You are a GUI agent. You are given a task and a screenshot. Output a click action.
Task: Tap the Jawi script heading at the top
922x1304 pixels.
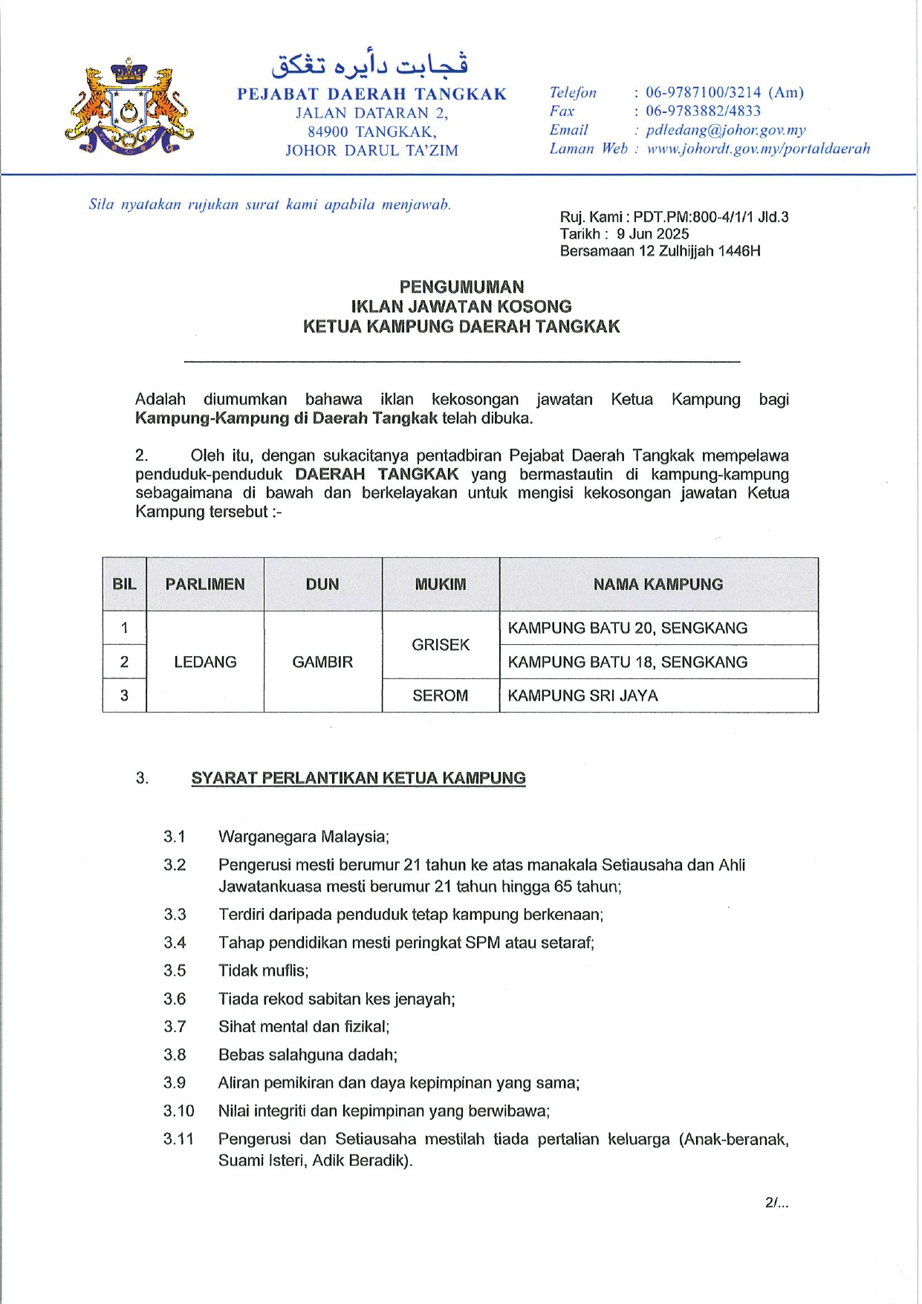click(369, 65)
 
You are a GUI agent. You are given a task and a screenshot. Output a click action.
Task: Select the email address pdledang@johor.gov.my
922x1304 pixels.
click(725, 130)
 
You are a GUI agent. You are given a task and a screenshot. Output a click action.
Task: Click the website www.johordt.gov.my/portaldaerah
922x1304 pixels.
click(758, 149)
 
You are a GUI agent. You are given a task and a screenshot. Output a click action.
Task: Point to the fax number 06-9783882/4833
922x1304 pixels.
click(703, 111)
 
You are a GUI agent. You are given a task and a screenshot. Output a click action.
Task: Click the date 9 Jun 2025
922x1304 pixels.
click(652, 234)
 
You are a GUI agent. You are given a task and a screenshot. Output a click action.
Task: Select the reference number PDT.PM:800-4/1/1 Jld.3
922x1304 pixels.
click(710, 217)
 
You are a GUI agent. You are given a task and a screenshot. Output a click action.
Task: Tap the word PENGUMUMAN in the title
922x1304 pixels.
click(461, 287)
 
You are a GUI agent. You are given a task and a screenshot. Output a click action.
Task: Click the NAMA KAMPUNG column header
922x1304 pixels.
click(658, 585)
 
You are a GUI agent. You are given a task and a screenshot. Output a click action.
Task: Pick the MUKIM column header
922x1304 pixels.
click(441, 585)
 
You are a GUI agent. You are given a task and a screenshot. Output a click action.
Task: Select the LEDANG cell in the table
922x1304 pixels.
click(205, 662)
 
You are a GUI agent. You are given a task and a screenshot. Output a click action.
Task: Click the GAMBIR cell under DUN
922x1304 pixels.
click(322, 662)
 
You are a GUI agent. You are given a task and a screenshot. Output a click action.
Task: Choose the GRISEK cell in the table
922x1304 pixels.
click(441, 645)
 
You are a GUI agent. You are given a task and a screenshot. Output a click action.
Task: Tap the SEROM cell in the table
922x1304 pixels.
click(441, 696)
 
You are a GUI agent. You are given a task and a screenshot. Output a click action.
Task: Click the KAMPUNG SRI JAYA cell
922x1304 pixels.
click(582, 696)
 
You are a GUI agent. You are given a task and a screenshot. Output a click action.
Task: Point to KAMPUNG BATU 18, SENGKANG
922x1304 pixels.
click(627, 662)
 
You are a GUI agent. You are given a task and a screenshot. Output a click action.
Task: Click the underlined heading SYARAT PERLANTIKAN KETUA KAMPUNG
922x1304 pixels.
click(358, 779)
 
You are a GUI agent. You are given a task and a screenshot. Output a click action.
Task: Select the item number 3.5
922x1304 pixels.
click(175, 971)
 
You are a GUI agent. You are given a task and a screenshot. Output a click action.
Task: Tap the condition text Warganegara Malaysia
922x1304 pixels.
click(303, 837)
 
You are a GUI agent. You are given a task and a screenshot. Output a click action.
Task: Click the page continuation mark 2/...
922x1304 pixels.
click(776, 1202)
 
